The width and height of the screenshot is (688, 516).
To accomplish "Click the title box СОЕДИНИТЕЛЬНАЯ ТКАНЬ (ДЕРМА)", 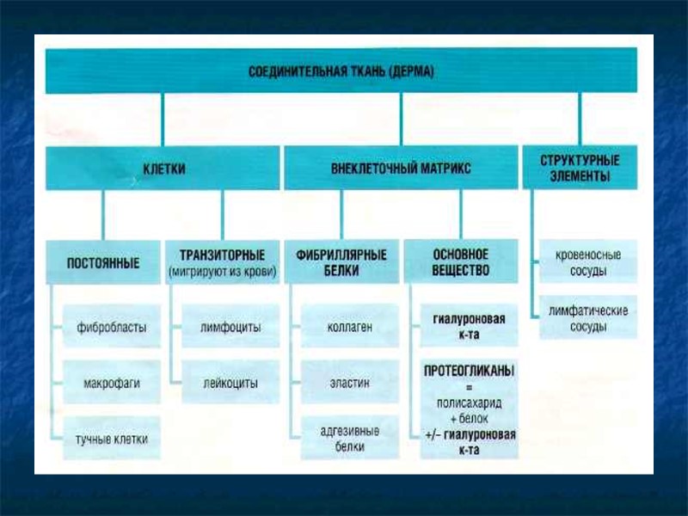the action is (341, 71).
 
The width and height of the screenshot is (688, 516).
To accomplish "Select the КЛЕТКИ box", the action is (163, 169).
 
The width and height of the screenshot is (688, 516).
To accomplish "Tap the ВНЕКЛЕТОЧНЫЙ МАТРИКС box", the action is (401, 169).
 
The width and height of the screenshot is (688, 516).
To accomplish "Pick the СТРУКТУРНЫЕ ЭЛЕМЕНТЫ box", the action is (580, 168).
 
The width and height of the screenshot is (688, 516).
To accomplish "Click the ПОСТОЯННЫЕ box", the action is (103, 261).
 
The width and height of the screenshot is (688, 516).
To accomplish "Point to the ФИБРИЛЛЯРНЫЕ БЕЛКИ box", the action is (341, 261).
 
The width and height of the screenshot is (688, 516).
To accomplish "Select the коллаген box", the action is (349, 327).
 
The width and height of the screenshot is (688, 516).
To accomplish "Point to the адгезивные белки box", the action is (349, 439).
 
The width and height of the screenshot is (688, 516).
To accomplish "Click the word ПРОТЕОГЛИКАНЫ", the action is (470, 371).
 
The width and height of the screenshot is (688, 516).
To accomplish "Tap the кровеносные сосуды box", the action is (588, 263).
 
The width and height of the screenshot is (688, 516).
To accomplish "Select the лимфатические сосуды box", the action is (588, 318).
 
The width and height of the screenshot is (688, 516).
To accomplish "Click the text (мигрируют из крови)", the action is (222, 272).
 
